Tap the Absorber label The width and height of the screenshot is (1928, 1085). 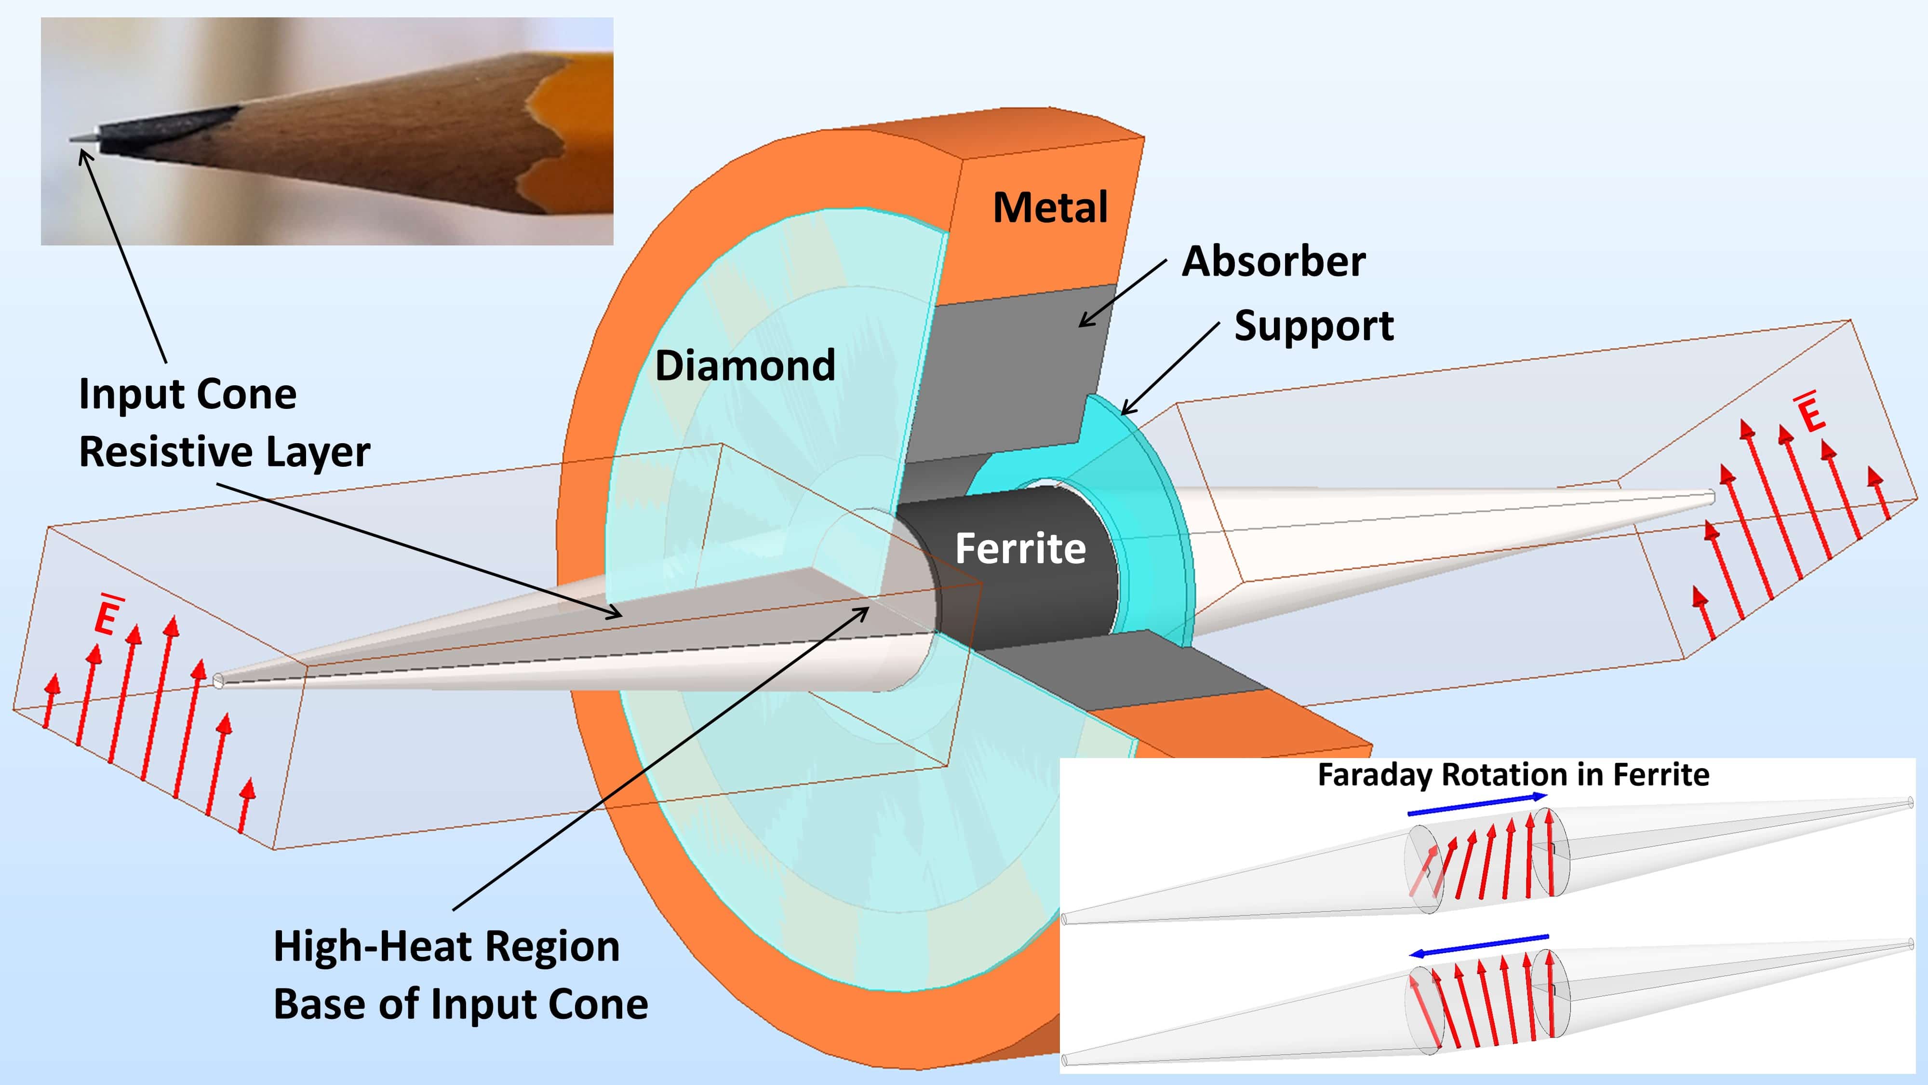(x=1273, y=262)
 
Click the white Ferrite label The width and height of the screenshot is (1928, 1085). (x=1020, y=548)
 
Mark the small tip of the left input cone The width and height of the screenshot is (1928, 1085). (x=218, y=680)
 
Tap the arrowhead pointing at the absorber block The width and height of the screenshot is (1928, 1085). (x=1084, y=324)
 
